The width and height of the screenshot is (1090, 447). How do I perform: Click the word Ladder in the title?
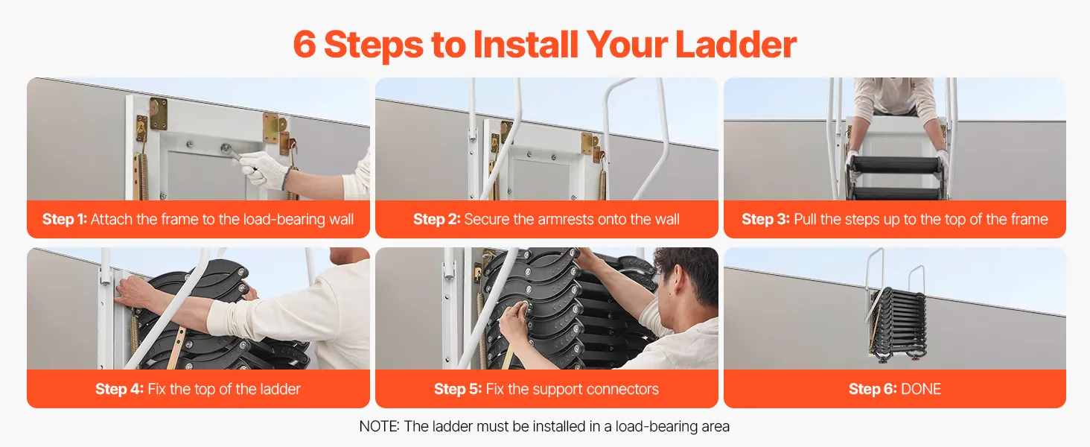pos(736,44)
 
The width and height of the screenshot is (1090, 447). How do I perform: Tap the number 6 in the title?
pos(305,44)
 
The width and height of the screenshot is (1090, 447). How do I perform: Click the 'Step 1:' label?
pos(64,219)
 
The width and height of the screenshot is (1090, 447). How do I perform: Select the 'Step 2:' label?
pos(436,219)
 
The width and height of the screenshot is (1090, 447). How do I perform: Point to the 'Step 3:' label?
pos(765,219)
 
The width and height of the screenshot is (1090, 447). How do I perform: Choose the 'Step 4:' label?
pos(119,389)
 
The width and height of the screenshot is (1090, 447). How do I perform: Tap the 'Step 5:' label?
pos(457,389)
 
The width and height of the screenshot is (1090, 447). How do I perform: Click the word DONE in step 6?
pos(921,389)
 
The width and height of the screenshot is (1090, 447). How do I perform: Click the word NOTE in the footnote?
pos(378,427)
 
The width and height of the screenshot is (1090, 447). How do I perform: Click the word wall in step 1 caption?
pos(341,219)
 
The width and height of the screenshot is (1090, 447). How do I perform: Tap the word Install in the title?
pos(526,44)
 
